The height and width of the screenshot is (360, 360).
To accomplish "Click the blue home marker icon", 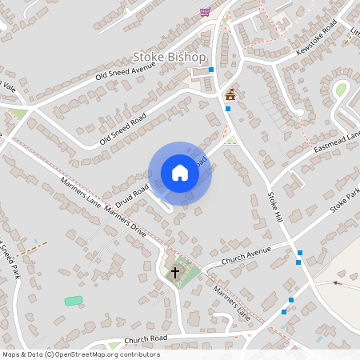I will pyautogui.click(x=180, y=173).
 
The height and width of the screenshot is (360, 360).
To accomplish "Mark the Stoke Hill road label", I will pyautogui.click(x=275, y=205).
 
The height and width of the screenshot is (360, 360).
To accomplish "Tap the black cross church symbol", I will pyautogui.click(x=175, y=273).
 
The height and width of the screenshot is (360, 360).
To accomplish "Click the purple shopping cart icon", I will pyautogui.click(x=205, y=12).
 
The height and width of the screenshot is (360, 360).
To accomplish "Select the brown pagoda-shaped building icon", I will pyautogui.click(x=230, y=94).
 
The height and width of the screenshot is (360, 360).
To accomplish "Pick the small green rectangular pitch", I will pyautogui.click(x=73, y=301).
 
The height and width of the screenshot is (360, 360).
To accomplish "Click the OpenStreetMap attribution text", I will pyautogui.click(x=82, y=354).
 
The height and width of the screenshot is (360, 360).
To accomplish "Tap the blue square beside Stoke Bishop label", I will pyautogui.click(x=211, y=70).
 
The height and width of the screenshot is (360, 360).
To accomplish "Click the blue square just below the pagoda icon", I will pyautogui.click(x=228, y=108).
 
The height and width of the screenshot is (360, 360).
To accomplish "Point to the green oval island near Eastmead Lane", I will pyautogui.click(x=341, y=90).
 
